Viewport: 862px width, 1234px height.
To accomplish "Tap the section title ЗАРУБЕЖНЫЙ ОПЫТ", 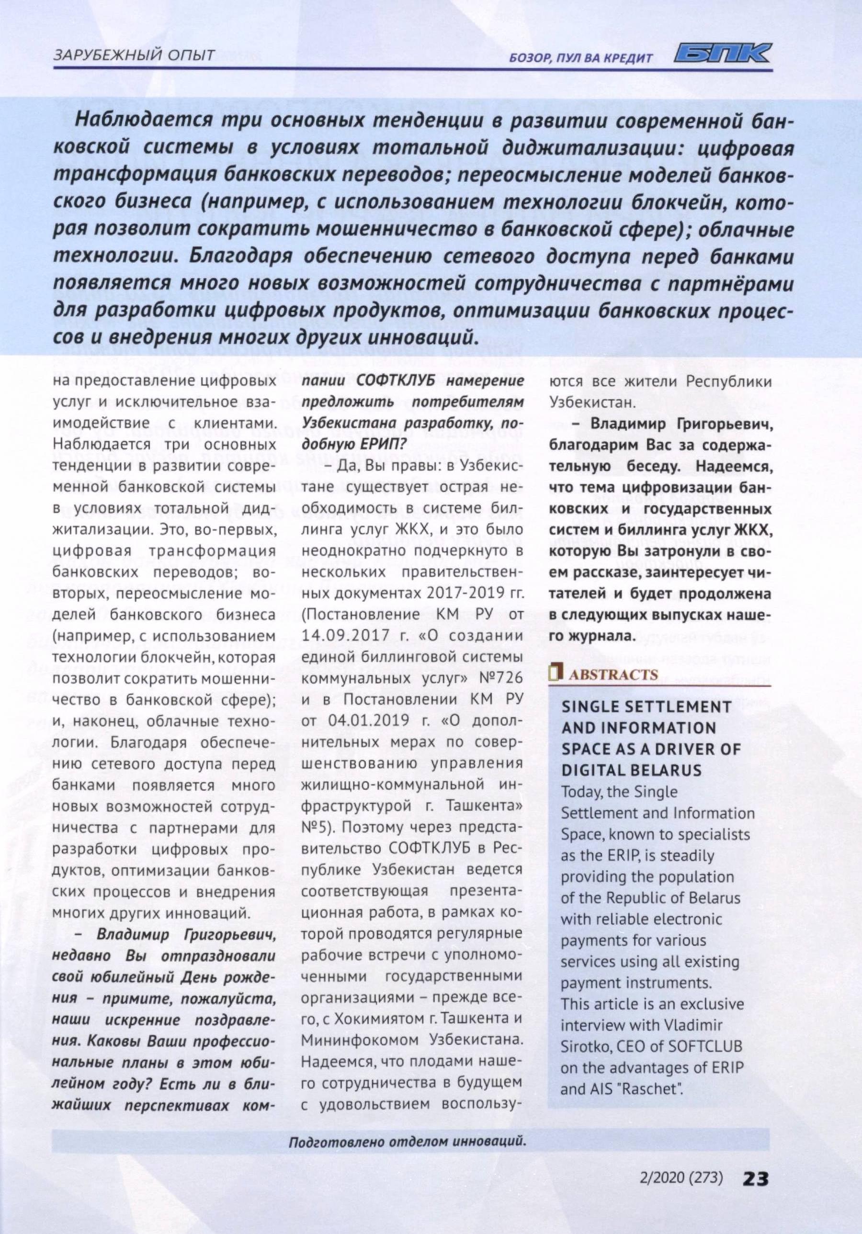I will [134, 55].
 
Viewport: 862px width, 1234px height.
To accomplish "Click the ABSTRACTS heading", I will [613, 675].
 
